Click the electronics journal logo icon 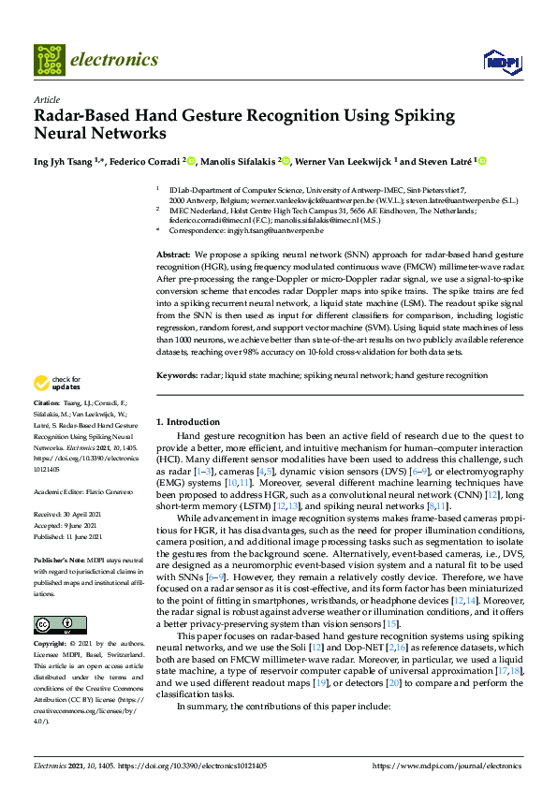click(x=50, y=60)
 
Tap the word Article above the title click(x=46, y=98)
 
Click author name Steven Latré click(x=447, y=161)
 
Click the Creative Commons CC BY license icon click(x=59, y=623)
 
